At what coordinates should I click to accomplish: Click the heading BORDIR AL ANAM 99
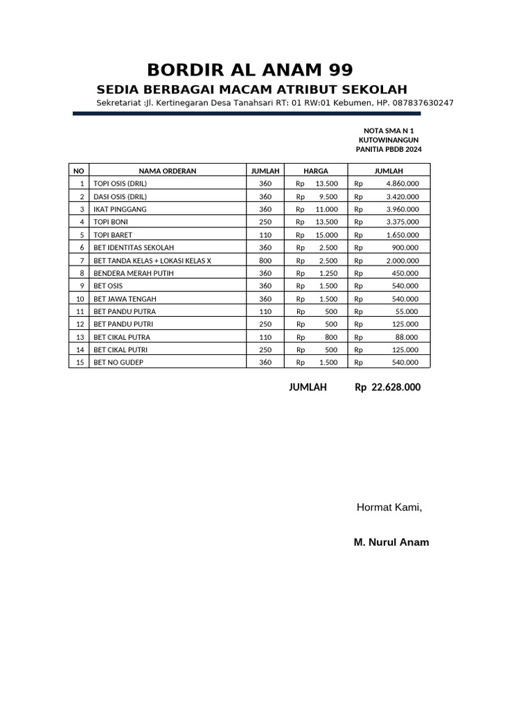[x=250, y=69]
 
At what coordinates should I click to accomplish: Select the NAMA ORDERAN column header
[x=167, y=171]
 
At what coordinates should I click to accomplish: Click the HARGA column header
[x=316, y=171]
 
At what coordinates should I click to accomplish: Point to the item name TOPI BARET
[x=112, y=235]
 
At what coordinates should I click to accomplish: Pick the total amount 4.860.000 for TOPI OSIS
[x=402, y=184]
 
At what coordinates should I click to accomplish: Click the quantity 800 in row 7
[x=265, y=261]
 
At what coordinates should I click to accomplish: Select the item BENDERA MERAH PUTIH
[x=134, y=273]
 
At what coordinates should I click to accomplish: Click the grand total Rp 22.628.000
[x=387, y=388]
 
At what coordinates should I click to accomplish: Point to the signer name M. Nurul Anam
[x=391, y=542]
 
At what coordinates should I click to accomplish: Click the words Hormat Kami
[x=389, y=508]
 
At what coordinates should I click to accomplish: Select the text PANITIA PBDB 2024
[x=389, y=149]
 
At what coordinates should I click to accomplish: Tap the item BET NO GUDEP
[x=118, y=362]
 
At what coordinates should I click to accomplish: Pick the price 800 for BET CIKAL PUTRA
[x=331, y=337]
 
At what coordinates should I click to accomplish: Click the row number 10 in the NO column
[x=80, y=299]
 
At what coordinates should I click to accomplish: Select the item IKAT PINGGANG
[x=120, y=209]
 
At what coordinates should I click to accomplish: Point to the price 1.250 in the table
[x=328, y=273]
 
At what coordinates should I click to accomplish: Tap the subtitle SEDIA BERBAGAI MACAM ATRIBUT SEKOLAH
[x=251, y=89]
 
